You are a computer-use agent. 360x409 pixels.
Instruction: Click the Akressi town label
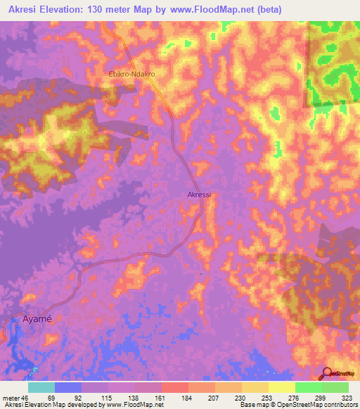click(199, 195)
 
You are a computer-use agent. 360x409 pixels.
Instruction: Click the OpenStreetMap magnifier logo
click(326, 373)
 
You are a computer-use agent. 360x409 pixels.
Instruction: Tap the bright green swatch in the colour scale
click(308, 387)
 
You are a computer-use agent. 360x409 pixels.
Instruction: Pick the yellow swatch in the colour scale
click(281, 387)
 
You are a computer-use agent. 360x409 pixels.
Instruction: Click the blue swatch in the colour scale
click(68, 387)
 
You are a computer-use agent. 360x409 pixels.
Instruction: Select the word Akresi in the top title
click(24, 8)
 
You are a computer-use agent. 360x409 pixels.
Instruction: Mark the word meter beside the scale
click(11, 397)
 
